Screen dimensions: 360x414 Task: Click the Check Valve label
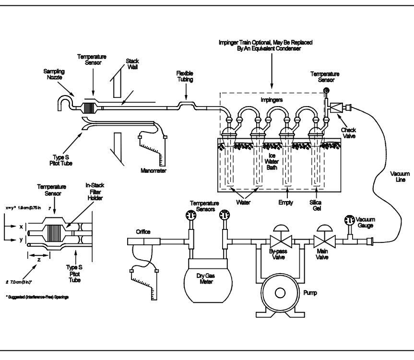click(344, 132)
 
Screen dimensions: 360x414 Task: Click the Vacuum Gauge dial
click(349, 222)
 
